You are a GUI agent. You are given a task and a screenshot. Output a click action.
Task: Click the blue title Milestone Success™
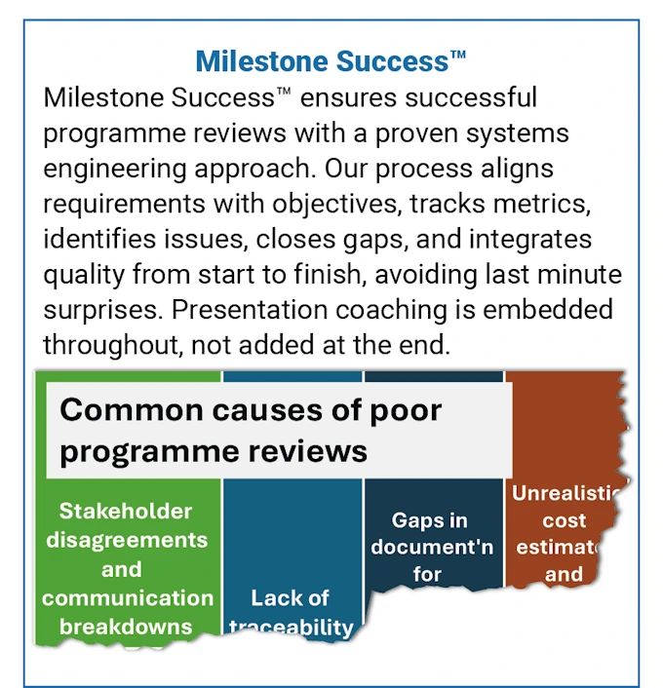click(x=331, y=61)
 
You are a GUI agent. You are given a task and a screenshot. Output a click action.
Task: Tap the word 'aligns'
click(x=518, y=168)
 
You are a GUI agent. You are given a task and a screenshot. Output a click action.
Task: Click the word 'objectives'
click(x=325, y=204)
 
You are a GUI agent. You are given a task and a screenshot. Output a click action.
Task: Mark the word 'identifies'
click(x=93, y=239)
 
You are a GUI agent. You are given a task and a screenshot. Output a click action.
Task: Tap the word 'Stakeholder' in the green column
click(x=126, y=511)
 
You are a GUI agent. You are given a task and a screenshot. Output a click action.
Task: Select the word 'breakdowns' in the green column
click(x=126, y=626)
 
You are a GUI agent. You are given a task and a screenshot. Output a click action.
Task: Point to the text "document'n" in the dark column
click(x=430, y=547)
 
